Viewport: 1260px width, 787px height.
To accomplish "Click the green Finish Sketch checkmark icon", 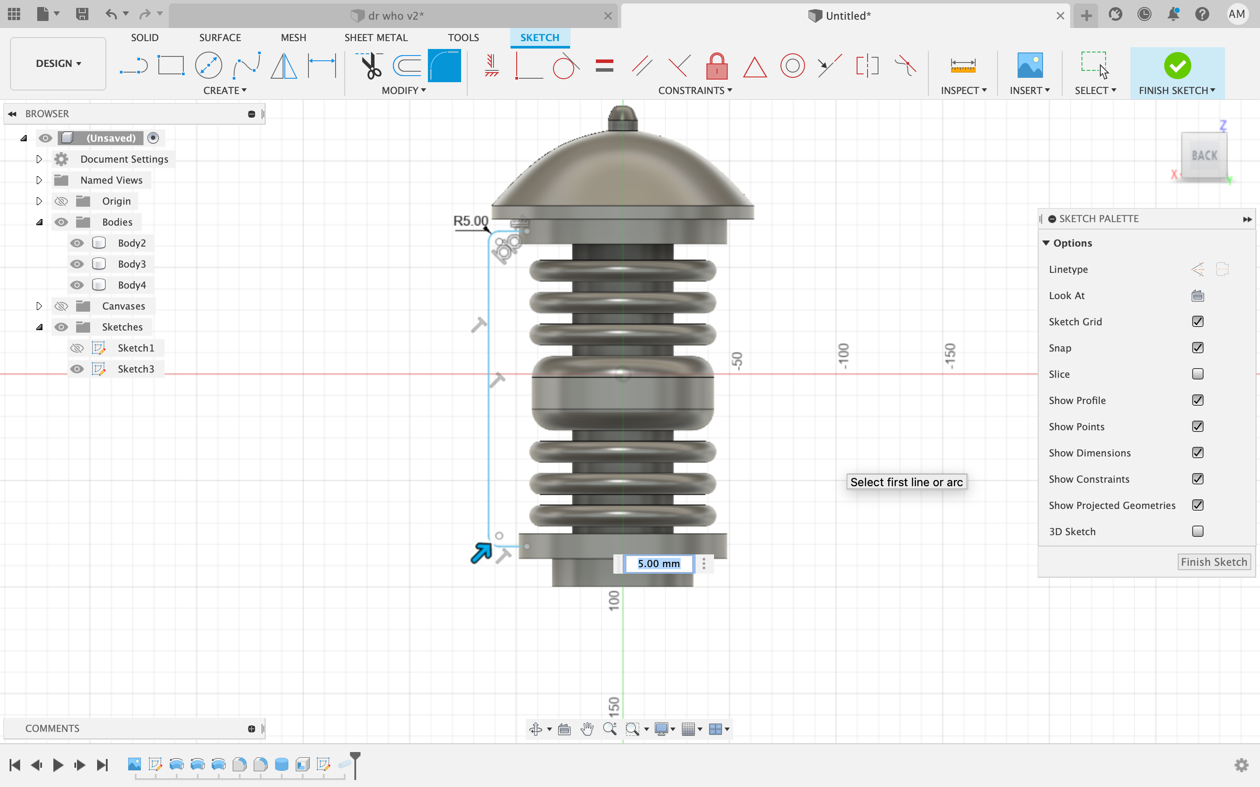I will click(1177, 66).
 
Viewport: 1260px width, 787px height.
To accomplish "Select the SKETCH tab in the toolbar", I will click(539, 38).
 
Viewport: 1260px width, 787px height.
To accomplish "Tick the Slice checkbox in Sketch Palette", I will click(1197, 374).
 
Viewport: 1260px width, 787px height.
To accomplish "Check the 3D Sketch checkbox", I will click(1197, 531).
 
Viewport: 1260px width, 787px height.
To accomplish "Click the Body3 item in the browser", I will click(131, 264).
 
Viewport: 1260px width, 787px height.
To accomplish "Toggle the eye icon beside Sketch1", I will click(77, 348).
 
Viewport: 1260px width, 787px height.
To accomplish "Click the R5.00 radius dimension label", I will click(471, 221).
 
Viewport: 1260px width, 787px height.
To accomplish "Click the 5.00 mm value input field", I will click(658, 564).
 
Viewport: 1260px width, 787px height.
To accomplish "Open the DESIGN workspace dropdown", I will click(58, 63).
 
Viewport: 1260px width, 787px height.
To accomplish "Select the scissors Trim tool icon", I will click(370, 66).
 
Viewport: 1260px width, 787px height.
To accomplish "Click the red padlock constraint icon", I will click(717, 66).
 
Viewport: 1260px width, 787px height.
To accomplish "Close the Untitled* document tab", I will click(1060, 16).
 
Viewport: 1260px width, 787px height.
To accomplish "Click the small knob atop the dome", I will click(623, 117).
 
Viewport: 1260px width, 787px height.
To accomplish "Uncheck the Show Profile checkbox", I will click(1197, 400).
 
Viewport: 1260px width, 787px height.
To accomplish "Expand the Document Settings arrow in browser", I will click(39, 159).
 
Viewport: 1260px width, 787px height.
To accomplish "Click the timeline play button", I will click(58, 765).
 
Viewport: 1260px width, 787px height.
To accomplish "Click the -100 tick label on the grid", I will click(843, 356).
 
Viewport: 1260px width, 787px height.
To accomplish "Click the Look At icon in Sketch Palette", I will click(1197, 296).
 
